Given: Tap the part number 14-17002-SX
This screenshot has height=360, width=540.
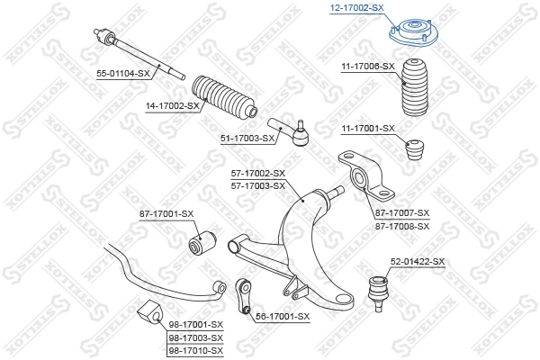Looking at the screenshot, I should click(x=172, y=105).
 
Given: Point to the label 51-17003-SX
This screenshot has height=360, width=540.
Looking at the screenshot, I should click(x=248, y=138).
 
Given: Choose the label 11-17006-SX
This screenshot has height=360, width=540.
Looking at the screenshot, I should click(x=368, y=67).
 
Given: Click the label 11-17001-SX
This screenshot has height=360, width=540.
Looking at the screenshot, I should click(x=368, y=128).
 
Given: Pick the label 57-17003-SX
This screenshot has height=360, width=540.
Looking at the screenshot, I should click(x=258, y=185).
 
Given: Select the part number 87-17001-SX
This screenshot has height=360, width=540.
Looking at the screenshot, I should click(x=166, y=213).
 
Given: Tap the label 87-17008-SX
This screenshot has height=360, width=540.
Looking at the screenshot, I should click(x=402, y=225).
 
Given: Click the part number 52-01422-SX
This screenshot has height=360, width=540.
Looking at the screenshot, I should click(x=417, y=262).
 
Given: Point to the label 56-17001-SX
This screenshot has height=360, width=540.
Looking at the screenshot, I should click(x=283, y=317).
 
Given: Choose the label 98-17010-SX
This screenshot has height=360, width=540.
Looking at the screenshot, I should click(x=195, y=349).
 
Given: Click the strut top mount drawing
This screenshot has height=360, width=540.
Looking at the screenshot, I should click(x=412, y=36).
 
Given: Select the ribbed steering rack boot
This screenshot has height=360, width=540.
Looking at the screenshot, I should click(x=222, y=100).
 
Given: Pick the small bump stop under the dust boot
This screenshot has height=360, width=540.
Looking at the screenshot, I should click(x=415, y=149).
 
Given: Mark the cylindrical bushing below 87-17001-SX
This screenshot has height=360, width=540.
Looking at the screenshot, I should click(x=202, y=241).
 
